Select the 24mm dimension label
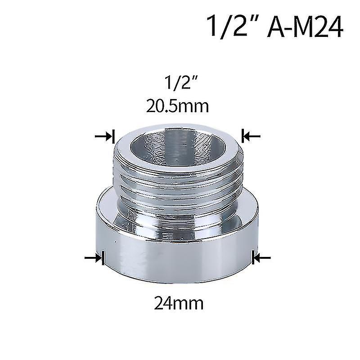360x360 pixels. tap(179, 303)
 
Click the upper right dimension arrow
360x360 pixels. tap(250, 136)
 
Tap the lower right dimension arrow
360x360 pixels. tap(261, 258)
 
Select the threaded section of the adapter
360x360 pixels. tap(179, 184)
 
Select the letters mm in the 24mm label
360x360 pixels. tap(189, 303)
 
